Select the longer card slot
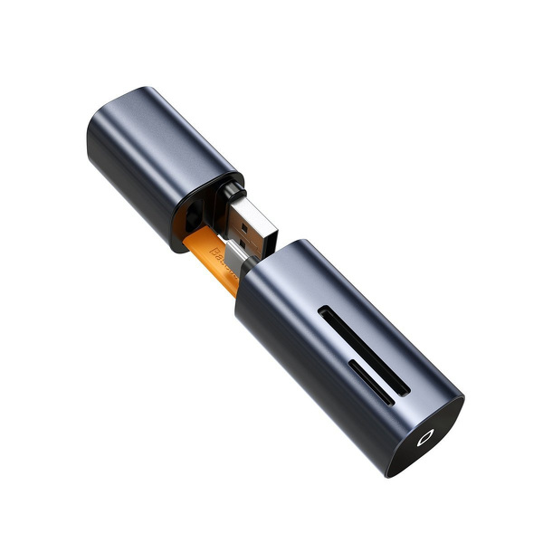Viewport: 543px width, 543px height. [363, 348]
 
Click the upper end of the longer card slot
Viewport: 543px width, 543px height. [324, 314]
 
